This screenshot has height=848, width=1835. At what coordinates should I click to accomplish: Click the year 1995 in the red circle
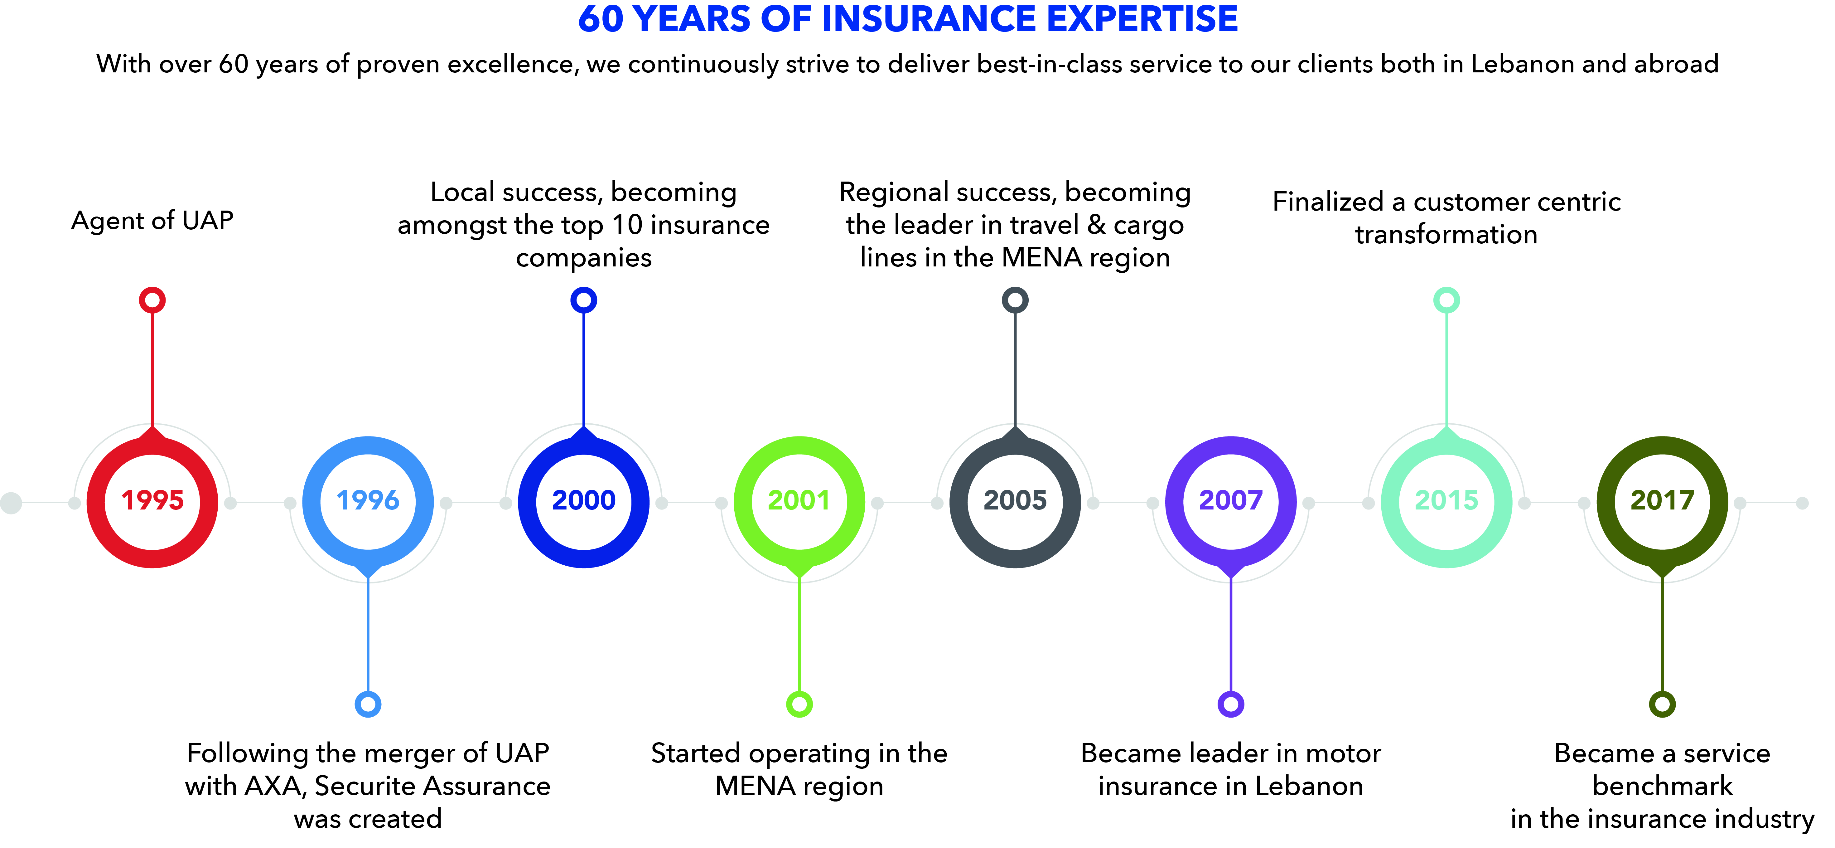click(152, 501)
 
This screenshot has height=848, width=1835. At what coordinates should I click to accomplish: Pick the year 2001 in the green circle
click(799, 501)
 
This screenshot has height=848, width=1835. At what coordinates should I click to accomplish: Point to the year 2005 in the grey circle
click(1015, 501)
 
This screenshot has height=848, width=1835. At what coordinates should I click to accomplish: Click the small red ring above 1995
click(152, 300)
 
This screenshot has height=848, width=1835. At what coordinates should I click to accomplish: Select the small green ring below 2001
click(799, 704)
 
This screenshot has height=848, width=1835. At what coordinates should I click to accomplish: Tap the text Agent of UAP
click(152, 221)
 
